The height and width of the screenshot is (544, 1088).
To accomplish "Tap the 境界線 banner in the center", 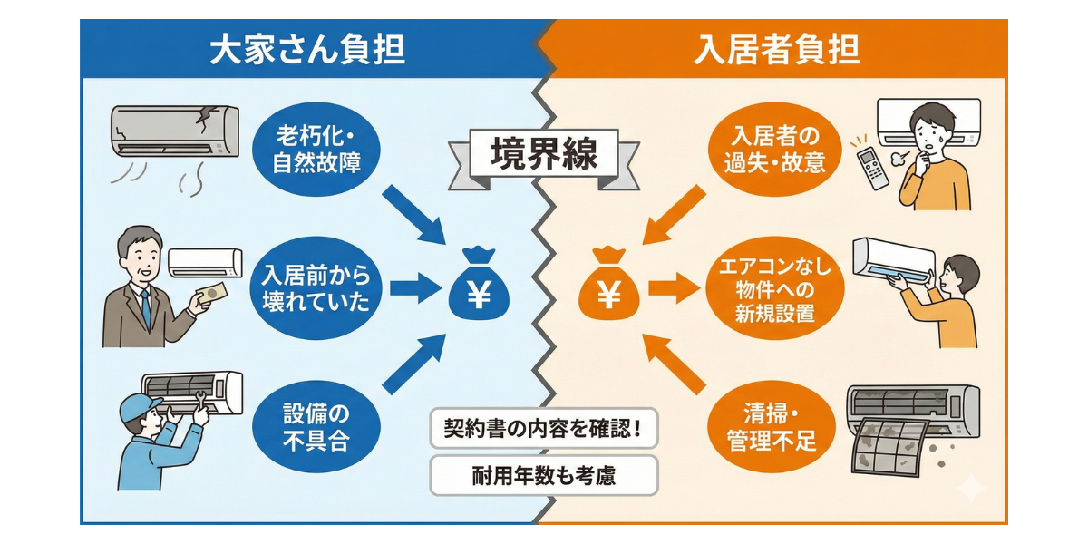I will coord(544,153).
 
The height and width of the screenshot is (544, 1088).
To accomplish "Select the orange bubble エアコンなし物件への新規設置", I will coord(774,289).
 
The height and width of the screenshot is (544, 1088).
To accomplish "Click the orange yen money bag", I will coord(609,285).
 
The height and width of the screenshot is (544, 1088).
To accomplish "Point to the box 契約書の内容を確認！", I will coord(543,428).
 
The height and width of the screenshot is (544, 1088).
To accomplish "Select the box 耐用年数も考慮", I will coord(543,475).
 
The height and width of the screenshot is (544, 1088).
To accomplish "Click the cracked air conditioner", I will coord(175,131).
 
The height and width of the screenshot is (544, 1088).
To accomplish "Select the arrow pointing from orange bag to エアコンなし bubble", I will coord(671,289).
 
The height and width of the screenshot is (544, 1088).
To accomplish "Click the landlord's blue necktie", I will coord(145,308).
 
